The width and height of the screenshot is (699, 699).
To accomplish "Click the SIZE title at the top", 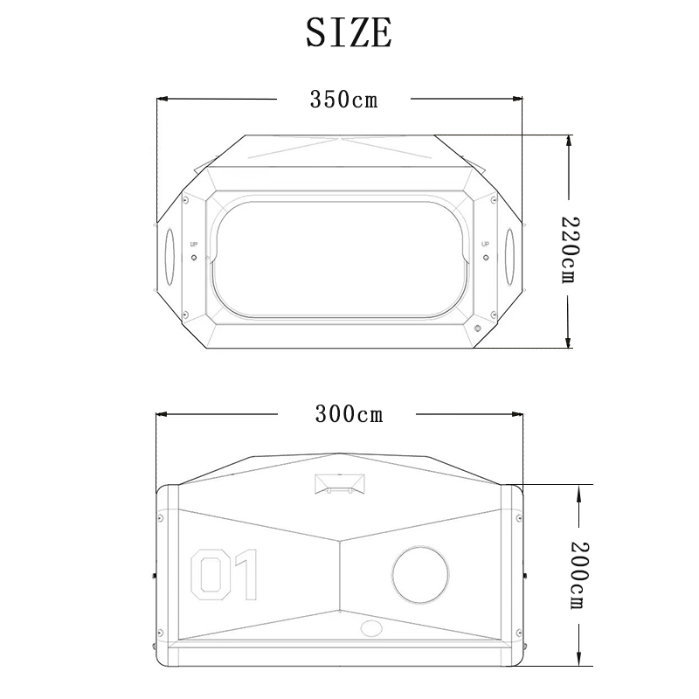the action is pyautogui.click(x=349, y=32).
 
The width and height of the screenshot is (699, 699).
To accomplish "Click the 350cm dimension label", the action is pyautogui.click(x=343, y=100).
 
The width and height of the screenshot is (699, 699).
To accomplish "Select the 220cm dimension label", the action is pyautogui.click(x=570, y=250).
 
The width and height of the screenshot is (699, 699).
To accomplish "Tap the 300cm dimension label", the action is pyautogui.click(x=349, y=414).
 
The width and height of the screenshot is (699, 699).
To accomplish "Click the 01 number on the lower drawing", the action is pyautogui.click(x=225, y=575).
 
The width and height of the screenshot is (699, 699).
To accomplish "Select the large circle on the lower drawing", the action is pyautogui.click(x=420, y=575).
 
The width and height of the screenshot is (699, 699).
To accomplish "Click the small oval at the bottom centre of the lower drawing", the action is pyautogui.click(x=371, y=628).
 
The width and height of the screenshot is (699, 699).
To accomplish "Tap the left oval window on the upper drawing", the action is pyautogui.click(x=170, y=256).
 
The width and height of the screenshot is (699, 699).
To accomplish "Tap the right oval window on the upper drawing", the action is pyautogui.click(x=509, y=256).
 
